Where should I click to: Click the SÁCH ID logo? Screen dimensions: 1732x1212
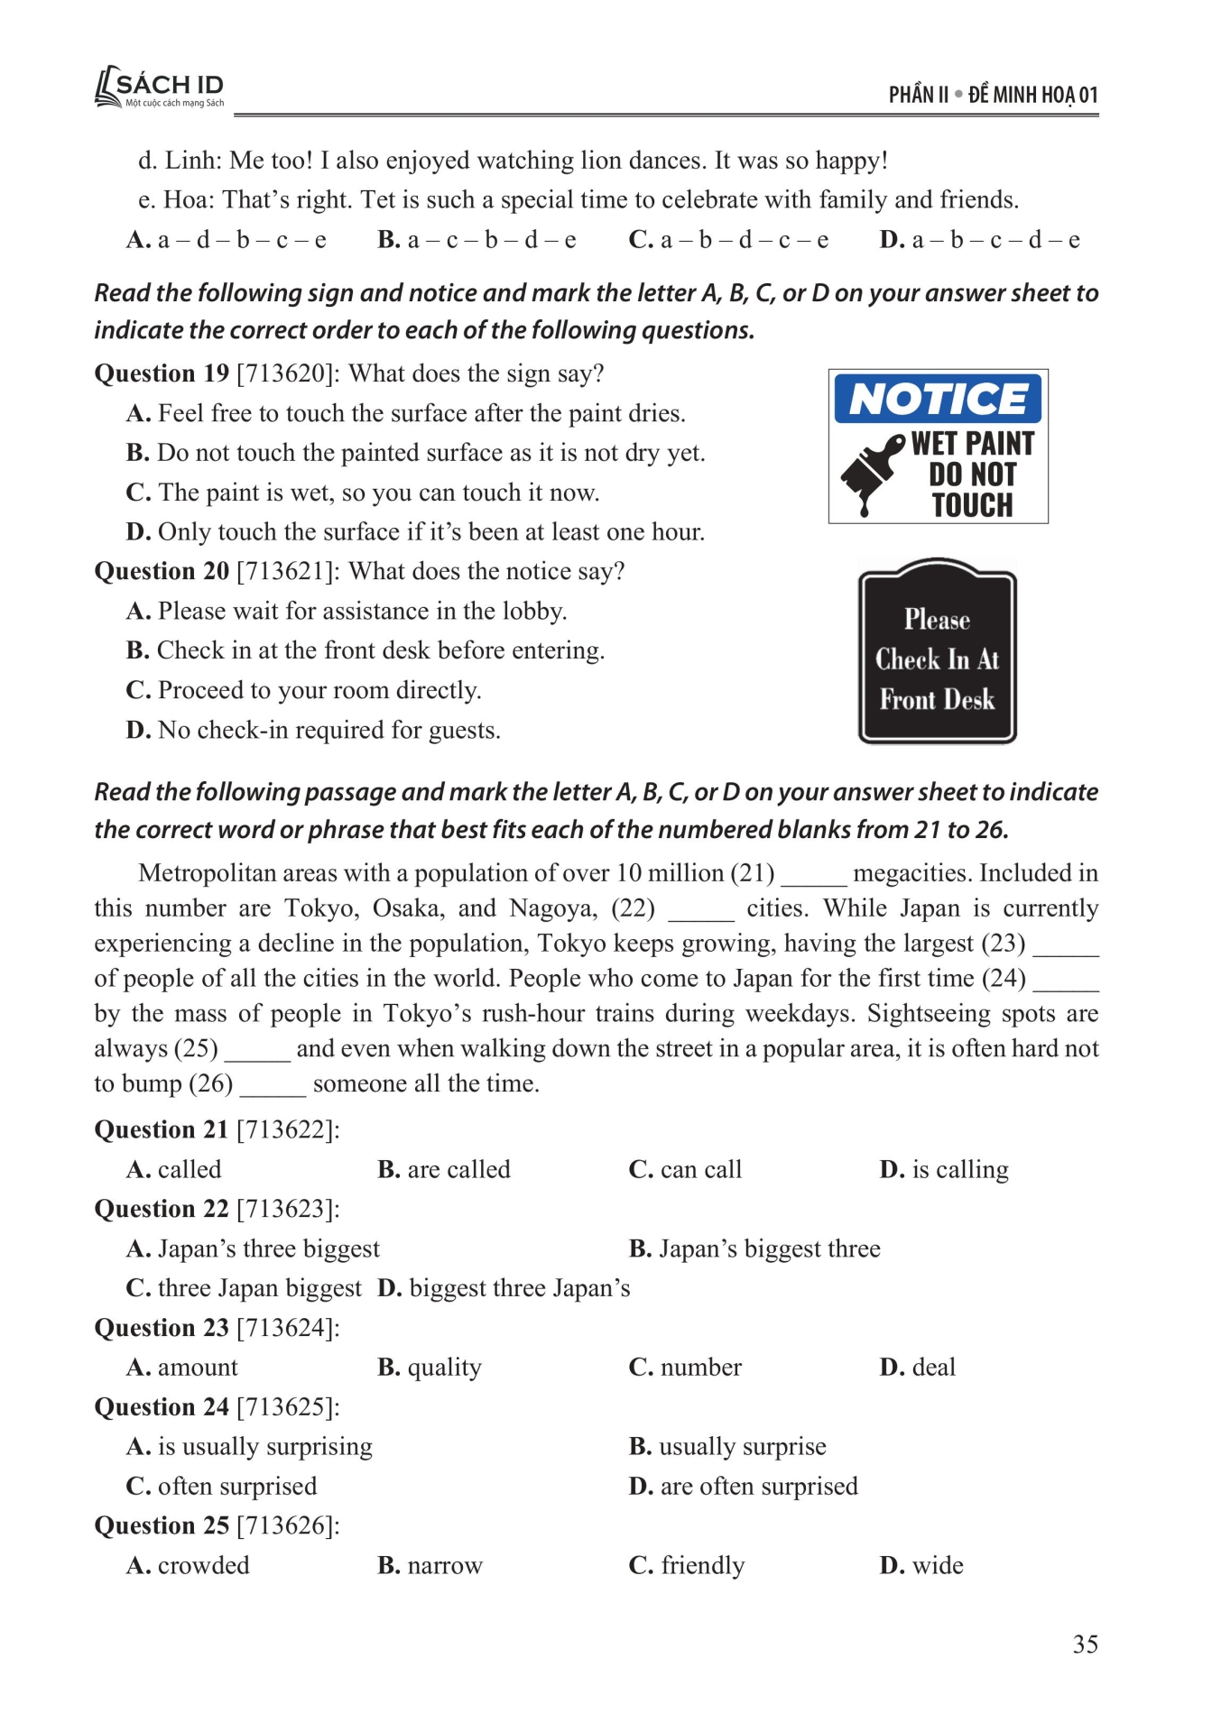pyautogui.click(x=160, y=88)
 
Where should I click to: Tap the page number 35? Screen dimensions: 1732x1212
pyautogui.click(x=1085, y=1644)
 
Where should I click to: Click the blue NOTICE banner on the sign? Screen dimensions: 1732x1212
pyautogui.click(x=938, y=399)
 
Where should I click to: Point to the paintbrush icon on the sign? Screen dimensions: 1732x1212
pyautogui.click(x=870, y=472)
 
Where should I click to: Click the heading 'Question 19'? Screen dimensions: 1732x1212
pyautogui.click(x=161, y=373)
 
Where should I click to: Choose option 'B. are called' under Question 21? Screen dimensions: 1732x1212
pyautogui.click(x=443, y=1169)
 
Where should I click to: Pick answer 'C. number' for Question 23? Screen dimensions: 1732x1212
pyautogui.click(x=685, y=1368)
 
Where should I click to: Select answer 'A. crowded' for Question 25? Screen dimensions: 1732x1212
pyautogui.click(x=188, y=1565)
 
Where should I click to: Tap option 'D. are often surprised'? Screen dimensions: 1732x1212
pyautogui.click(x=743, y=1486)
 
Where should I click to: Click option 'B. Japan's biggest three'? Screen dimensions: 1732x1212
pyautogui.click(x=754, y=1248)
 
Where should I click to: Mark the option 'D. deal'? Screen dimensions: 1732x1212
pyautogui.click(x=917, y=1368)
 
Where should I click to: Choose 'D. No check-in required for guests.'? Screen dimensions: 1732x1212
pyautogui.click(x=313, y=730)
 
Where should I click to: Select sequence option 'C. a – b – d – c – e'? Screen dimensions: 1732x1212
pyautogui.click(x=728, y=240)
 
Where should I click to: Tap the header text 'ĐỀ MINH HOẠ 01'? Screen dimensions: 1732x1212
pyautogui.click(x=1032, y=95)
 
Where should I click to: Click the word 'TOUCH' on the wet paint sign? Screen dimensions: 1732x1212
pyautogui.click(x=972, y=505)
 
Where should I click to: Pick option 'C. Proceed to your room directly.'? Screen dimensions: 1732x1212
pyautogui.click(x=304, y=690)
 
